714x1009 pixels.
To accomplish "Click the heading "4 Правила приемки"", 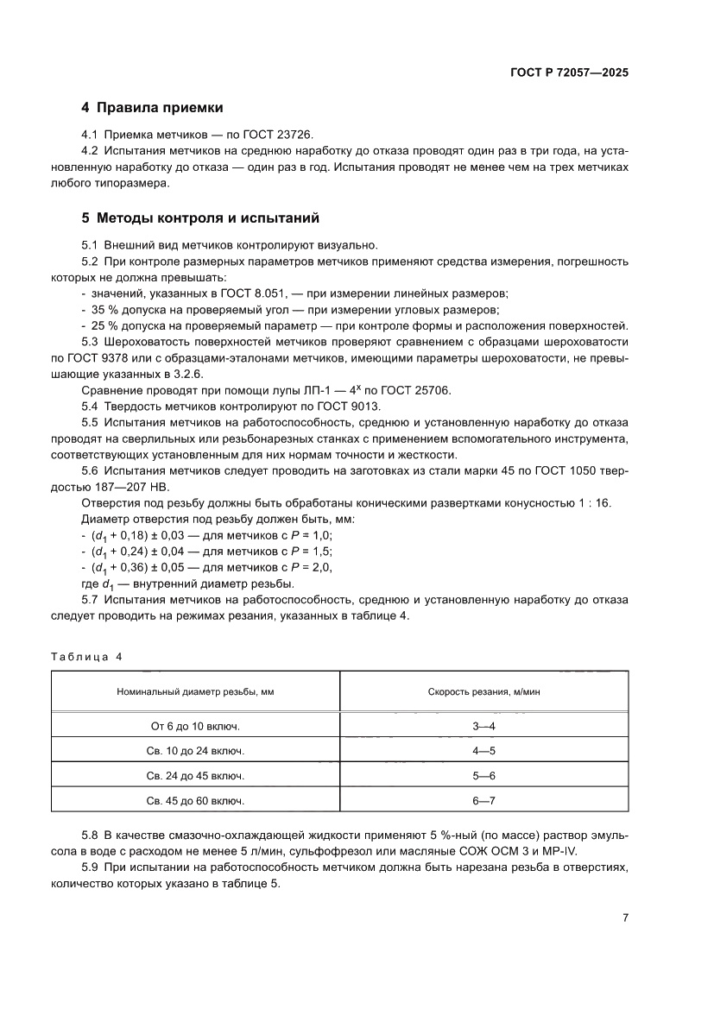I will pos(152,108).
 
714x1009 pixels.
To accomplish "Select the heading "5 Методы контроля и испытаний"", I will pos(200,218).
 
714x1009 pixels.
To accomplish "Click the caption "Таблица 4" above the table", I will pos(86,656).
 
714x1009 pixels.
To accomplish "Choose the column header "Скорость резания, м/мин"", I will pos(483,691).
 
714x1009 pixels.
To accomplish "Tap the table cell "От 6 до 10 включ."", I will pos(195,727).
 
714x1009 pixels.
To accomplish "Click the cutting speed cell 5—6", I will pos(483,776).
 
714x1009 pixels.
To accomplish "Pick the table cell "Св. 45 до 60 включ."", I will pos(195,801).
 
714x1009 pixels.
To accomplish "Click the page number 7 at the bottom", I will pos(625,918).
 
